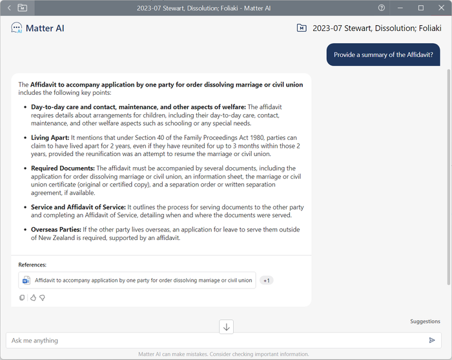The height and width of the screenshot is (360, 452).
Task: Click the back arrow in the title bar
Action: (9, 8)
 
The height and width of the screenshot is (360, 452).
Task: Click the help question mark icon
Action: (382, 8)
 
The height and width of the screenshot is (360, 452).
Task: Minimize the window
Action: (402, 8)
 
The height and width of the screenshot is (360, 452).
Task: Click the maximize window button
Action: (421, 8)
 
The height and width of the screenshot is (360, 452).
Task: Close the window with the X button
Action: (440, 8)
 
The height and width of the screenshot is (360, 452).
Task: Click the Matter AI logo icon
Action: (17, 28)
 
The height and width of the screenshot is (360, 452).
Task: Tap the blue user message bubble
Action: (383, 55)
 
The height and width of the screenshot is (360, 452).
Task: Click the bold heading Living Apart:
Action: (50, 137)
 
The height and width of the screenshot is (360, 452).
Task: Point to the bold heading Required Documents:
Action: (63, 168)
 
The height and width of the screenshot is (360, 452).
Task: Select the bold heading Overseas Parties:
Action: (56, 229)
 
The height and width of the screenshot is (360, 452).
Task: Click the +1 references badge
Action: (267, 280)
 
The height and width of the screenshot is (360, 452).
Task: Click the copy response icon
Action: (22, 297)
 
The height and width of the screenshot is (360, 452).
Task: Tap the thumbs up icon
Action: (32, 297)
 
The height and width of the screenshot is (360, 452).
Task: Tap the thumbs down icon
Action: (42, 297)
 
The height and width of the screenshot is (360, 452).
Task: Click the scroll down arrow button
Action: (226, 326)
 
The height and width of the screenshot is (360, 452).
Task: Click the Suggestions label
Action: (425, 321)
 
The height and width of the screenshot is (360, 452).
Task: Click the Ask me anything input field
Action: (213, 340)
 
